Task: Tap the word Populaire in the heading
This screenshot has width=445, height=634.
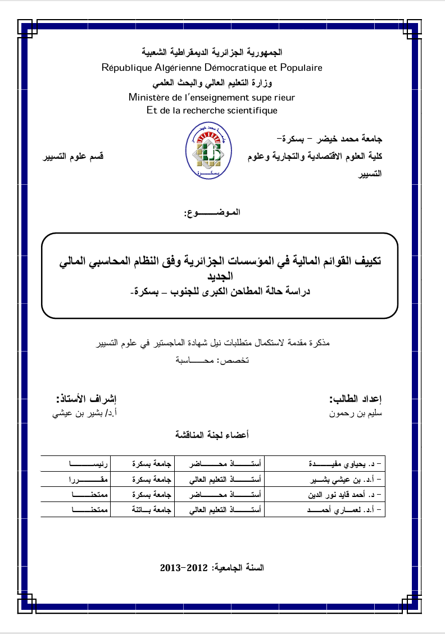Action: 302,68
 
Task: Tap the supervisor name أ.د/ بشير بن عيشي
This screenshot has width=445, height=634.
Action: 85,416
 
